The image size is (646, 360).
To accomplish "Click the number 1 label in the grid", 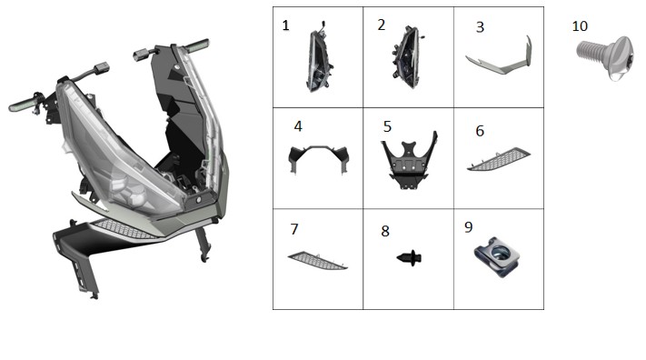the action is [285, 25].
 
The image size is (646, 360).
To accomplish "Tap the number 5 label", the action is [387, 126].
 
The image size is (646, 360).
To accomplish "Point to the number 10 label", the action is [580, 26].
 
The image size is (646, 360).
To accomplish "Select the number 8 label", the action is [385, 231].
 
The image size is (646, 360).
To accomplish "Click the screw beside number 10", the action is [604, 58].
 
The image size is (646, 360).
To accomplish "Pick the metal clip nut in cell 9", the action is [496, 256].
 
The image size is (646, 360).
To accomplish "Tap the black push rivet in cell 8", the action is [409, 258].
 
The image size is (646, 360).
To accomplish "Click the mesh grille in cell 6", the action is [499, 160].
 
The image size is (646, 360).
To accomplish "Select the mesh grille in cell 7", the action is [317, 261].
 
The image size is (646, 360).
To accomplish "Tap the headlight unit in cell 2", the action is [407, 57].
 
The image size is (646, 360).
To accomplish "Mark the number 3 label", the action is [480, 27].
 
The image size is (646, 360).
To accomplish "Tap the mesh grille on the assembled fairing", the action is [124, 229].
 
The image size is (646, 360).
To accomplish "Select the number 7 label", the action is [294, 229].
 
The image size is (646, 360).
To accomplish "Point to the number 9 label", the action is [469, 227].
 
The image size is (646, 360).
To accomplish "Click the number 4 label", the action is [298, 126].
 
